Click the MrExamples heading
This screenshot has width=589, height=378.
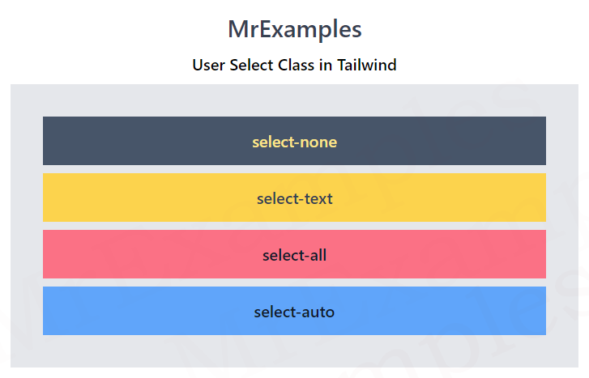tap(295, 30)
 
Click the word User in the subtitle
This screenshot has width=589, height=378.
tap(208, 65)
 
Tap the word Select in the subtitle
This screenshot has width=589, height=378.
tap(251, 65)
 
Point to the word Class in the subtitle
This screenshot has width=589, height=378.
tap(296, 65)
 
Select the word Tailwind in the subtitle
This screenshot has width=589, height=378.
tap(367, 65)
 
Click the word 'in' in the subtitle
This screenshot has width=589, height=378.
tap(326, 65)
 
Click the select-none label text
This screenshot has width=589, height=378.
tap(295, 142)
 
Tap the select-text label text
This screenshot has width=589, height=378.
tap(295, 198)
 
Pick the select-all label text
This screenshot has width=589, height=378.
tap(295, 255)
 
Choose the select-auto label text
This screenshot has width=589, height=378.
tap(294, 312)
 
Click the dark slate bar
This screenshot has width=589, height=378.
tap(295, 141)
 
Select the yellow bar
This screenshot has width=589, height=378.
tap(295, 197)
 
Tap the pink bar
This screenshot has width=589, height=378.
tap(295, 254)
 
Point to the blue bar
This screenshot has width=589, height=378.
tap(295, 311)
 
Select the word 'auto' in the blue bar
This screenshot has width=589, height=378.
tap(318, 312)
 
